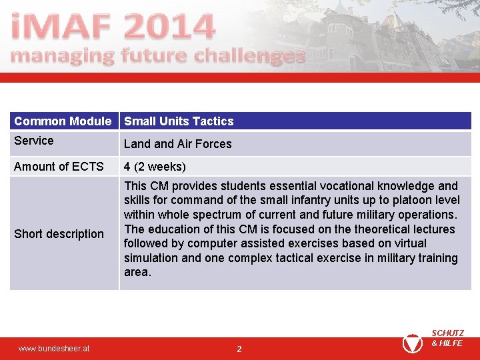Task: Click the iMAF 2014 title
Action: [x=113, y=26]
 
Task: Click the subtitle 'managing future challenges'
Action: [x=158, y=56]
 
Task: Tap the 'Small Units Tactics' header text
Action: [x=179, y=121]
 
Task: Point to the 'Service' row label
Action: [x=34, y=141]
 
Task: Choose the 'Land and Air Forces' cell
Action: [x=177, y=144]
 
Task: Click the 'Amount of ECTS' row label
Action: [x=59, y=167]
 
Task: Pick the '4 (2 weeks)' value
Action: [x=155, y=167]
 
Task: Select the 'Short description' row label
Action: [x=59, y=234]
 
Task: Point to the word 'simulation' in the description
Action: [x=151, y=258]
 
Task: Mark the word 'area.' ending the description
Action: [x=137, y=272]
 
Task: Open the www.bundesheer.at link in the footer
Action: [x=54, y=349]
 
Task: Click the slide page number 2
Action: [x=239, y=349]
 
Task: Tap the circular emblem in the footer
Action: [x=412, y=343]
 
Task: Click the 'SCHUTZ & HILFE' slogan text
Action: [x=447, y=338]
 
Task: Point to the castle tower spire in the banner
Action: [x=341, y=7]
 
